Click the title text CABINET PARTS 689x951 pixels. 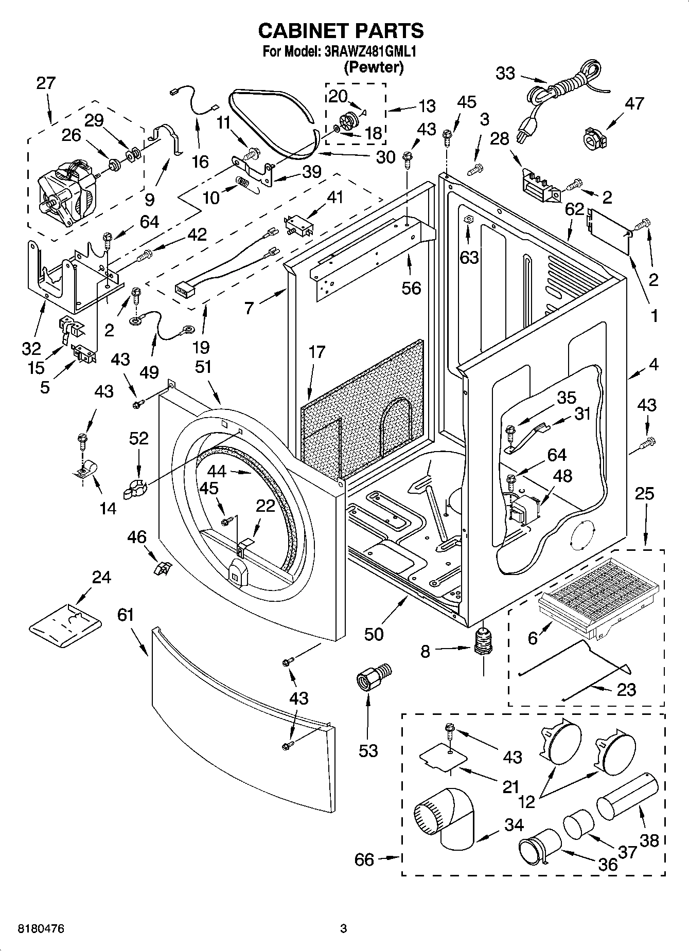pyautogui.click(x=341, y=31)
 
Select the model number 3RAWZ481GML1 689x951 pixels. pyautogui.click(x=369, y=52)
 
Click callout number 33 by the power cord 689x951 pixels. pyautogui.click(x=505, y=74)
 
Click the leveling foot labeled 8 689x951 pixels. pyautogui.click(x=483, y=643)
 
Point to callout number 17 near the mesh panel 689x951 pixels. pyautogui.click(x=317, y=352)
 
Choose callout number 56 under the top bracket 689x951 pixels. pyautogui.click(x=411, y=288)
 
